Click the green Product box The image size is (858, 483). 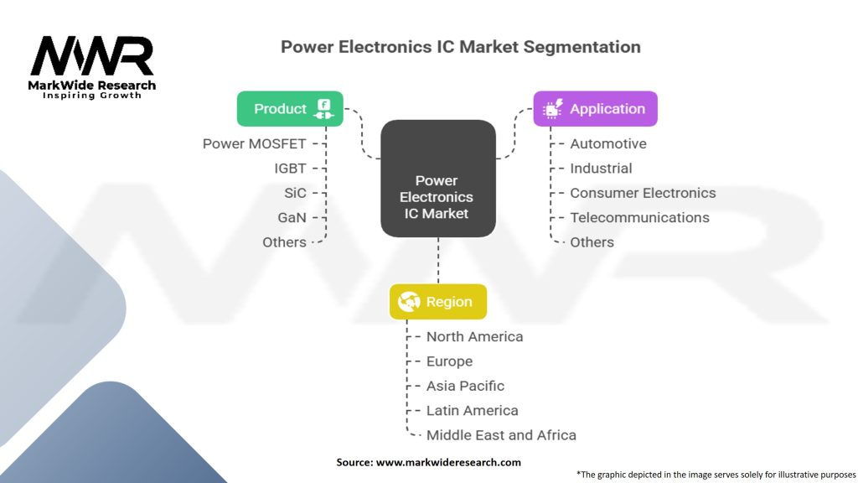point(290,108)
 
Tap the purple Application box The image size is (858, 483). point(596,109)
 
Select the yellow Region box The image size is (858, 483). point(437,302)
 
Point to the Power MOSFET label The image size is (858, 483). point(254,143)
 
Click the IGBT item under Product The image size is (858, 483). point(290,169)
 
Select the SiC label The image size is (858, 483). point(295,193)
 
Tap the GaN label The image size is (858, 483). point(292,217)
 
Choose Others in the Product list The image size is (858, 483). point(284,242)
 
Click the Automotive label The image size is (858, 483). point(607,143)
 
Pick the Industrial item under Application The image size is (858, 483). point(601,169)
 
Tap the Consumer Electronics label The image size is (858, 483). point(643,193)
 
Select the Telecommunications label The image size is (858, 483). point(639,217)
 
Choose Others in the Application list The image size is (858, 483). point(592,242)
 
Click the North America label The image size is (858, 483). point(474,336)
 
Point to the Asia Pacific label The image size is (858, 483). point(465,386)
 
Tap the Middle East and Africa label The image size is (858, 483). point(501,435)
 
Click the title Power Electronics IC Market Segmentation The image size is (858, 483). point(460,46)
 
